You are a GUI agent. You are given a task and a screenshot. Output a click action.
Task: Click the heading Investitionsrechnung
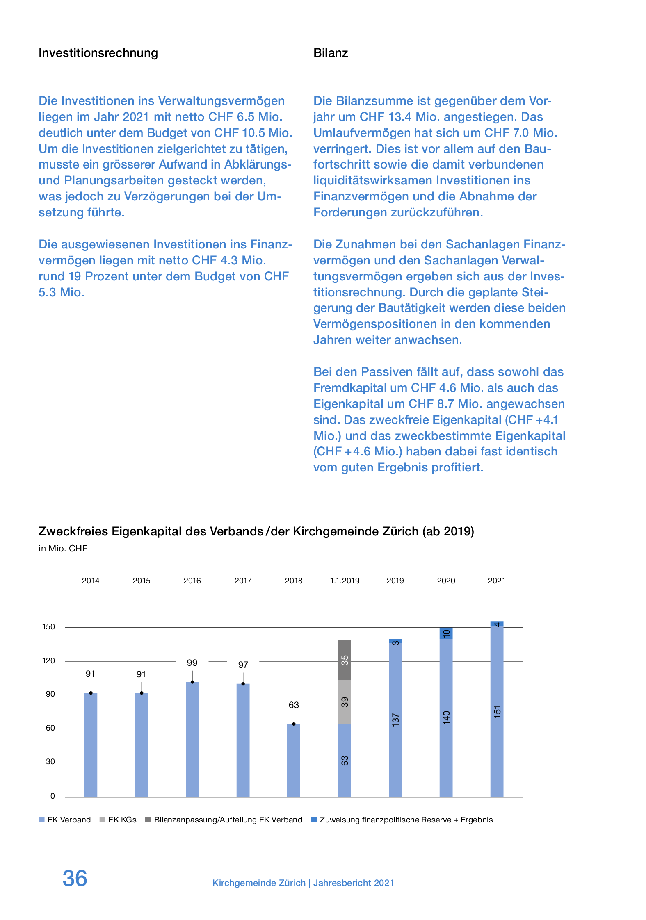pyautogui.click(x=98, y=53)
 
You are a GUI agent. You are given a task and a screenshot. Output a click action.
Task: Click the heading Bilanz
pyautogui.click(x=330, y=53)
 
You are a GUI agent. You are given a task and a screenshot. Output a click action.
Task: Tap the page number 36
pyautogui.click(x=75, y=878)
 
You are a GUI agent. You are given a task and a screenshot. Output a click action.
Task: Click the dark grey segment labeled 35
pyautogui.click(x=345, y=660)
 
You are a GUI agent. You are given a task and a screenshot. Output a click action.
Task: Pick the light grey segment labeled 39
pyautogui.click(x=345, y=702)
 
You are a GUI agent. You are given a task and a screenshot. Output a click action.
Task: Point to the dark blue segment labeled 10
pyautogui.click(x=446, y=633)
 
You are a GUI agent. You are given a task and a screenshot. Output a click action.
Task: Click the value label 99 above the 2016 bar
pyautogui.click(x=192, y=663)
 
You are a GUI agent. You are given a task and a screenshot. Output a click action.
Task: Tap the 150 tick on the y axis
pyautogui.click(x=48, y=627)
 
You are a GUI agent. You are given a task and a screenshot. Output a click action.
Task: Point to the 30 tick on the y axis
pyautogui.click(x=50, y=762)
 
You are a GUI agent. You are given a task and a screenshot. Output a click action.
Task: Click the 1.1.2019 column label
pyautogui.click(x=345, y=581)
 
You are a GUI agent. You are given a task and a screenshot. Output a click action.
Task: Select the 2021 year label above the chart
pyautogui.click(x=497, y=581)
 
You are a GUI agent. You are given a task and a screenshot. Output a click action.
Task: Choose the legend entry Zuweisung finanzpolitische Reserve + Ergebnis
pyautogui.click(x=406, y=820)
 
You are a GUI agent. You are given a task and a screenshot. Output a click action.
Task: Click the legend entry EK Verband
pyautogui.click(x=68, y=820)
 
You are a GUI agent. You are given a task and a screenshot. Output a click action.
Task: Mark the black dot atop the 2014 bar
pyautogui.click(x=91, y=693)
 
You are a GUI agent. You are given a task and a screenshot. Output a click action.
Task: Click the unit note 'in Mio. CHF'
pyautogui.click(x=63, y=549)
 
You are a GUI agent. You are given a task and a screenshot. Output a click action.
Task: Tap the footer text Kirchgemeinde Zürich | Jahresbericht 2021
pyautogui.click(x=303, y=883)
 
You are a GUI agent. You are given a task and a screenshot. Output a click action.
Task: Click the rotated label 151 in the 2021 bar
pyautogui.click(x=497, y=711)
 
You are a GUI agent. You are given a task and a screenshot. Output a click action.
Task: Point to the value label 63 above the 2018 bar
pyautogui.click(x=294, y=705)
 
